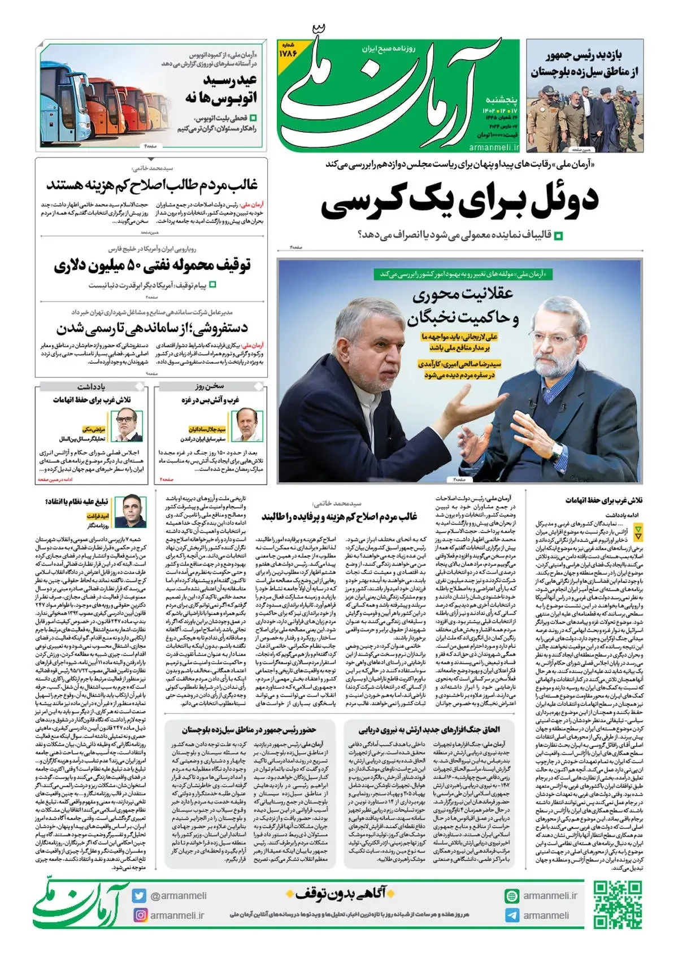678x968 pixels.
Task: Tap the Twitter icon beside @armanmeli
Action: click(139, 896)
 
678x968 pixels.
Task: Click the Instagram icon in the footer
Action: click(139, 915)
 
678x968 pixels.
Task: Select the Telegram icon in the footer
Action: click(512, 915)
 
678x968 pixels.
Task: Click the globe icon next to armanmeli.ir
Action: click(512, 896)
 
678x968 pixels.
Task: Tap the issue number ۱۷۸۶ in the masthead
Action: click(288, 53)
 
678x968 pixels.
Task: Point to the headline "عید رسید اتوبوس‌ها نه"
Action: click(221, 89)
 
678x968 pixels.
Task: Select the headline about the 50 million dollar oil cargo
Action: click(152, 265)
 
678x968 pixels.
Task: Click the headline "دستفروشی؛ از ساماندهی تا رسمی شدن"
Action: click(152, 328)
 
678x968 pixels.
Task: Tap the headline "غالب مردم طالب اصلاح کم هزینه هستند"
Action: click(152, 185)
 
